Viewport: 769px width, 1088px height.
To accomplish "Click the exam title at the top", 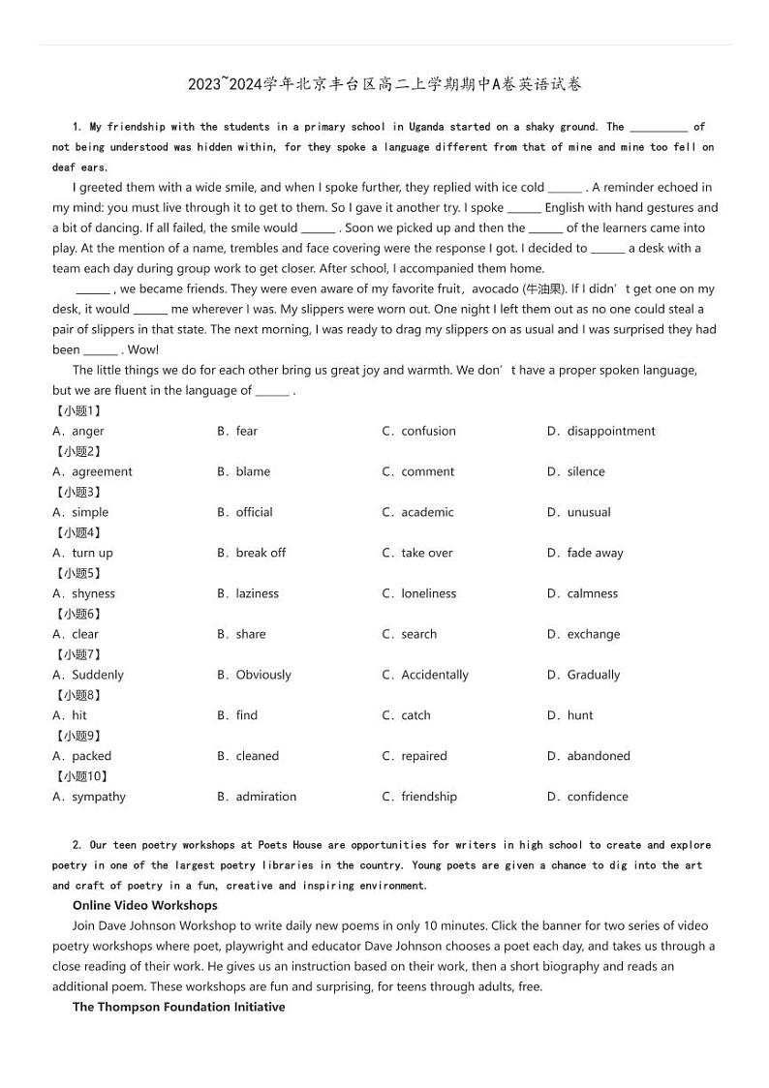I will pyautogui.click(x=384, y=84).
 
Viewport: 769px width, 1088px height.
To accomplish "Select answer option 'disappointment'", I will pyautogui.click(x=610, y=431).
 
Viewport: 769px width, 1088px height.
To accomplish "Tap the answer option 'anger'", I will pyautogui.click(x=87, y=431).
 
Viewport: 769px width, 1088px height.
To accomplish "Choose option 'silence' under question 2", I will pyautogui.click(x=585, y=471).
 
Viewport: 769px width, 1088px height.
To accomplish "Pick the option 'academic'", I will pyautogui.click(x=426, y=512).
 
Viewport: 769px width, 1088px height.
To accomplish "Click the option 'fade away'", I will pyautogui.click(x=595, y=553).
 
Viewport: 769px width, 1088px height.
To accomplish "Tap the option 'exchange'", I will pyautogui.click(x=593, y=634).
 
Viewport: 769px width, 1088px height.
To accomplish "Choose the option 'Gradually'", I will pyautogui.click(x=593, y=675).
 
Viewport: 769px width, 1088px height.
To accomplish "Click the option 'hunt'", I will pyautogui.click(x=580, y=715).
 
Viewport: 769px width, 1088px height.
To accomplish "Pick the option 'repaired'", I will pyautogui.click(x=423, y=756).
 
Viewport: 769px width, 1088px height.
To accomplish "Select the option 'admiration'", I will pyautogui.click(x=265, y=797).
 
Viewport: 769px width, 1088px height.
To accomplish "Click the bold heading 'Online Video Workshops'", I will pyautogui.click(x=145, y=905).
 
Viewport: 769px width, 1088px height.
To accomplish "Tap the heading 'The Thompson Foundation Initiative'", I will pyautogui.click(x=178, y=1007).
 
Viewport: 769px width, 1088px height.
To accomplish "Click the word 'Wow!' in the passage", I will pyautogui.click(x=143, y=349).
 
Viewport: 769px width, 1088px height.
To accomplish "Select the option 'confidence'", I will pyautogui.click(x=597, y=797).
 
